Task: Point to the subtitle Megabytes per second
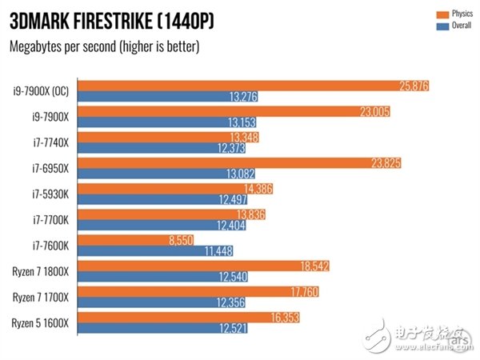tap(104, 46)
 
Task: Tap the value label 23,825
tap(383, 163)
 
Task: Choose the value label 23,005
tap(373, 112)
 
